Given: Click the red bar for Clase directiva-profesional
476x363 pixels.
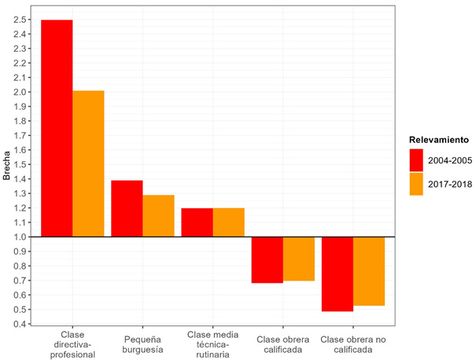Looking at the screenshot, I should pos(57,128).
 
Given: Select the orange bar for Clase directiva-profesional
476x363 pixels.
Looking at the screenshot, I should pos(88,163).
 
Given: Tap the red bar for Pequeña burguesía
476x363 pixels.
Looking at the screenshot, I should pos(127,208).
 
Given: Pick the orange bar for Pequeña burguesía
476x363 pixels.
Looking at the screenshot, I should pos(158,215).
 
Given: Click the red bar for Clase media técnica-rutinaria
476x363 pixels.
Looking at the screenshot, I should pos(197,222).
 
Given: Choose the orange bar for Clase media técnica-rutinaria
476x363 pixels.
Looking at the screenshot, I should pos(228,222).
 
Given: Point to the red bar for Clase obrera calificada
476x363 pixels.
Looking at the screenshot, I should pos(267,259).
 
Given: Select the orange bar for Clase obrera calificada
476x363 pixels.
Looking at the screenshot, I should pos(298,258).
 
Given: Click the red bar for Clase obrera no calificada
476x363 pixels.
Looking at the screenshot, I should pos(337,273).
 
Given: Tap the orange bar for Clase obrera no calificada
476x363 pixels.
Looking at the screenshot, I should pos(368,270).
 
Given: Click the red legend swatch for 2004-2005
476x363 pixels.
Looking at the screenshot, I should pos(416,160).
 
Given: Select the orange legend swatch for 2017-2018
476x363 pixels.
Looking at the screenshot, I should pos(416,184).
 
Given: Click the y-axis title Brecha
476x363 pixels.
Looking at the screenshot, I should pos(7,164).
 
